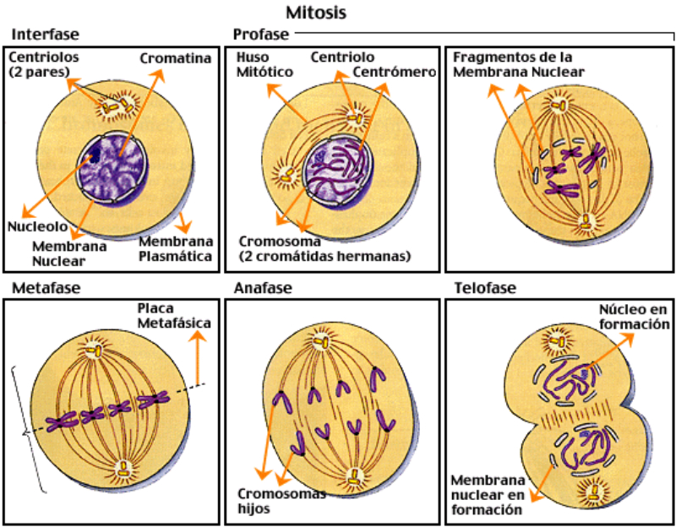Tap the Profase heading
click(x=260, y=35)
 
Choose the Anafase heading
click(x=263, y=288)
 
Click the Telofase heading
click(x=486, y=288)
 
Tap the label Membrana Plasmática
click(x=175, y=249)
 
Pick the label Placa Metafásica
click(x=174, y=315)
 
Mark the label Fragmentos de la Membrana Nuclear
click(x=513, y=65)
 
